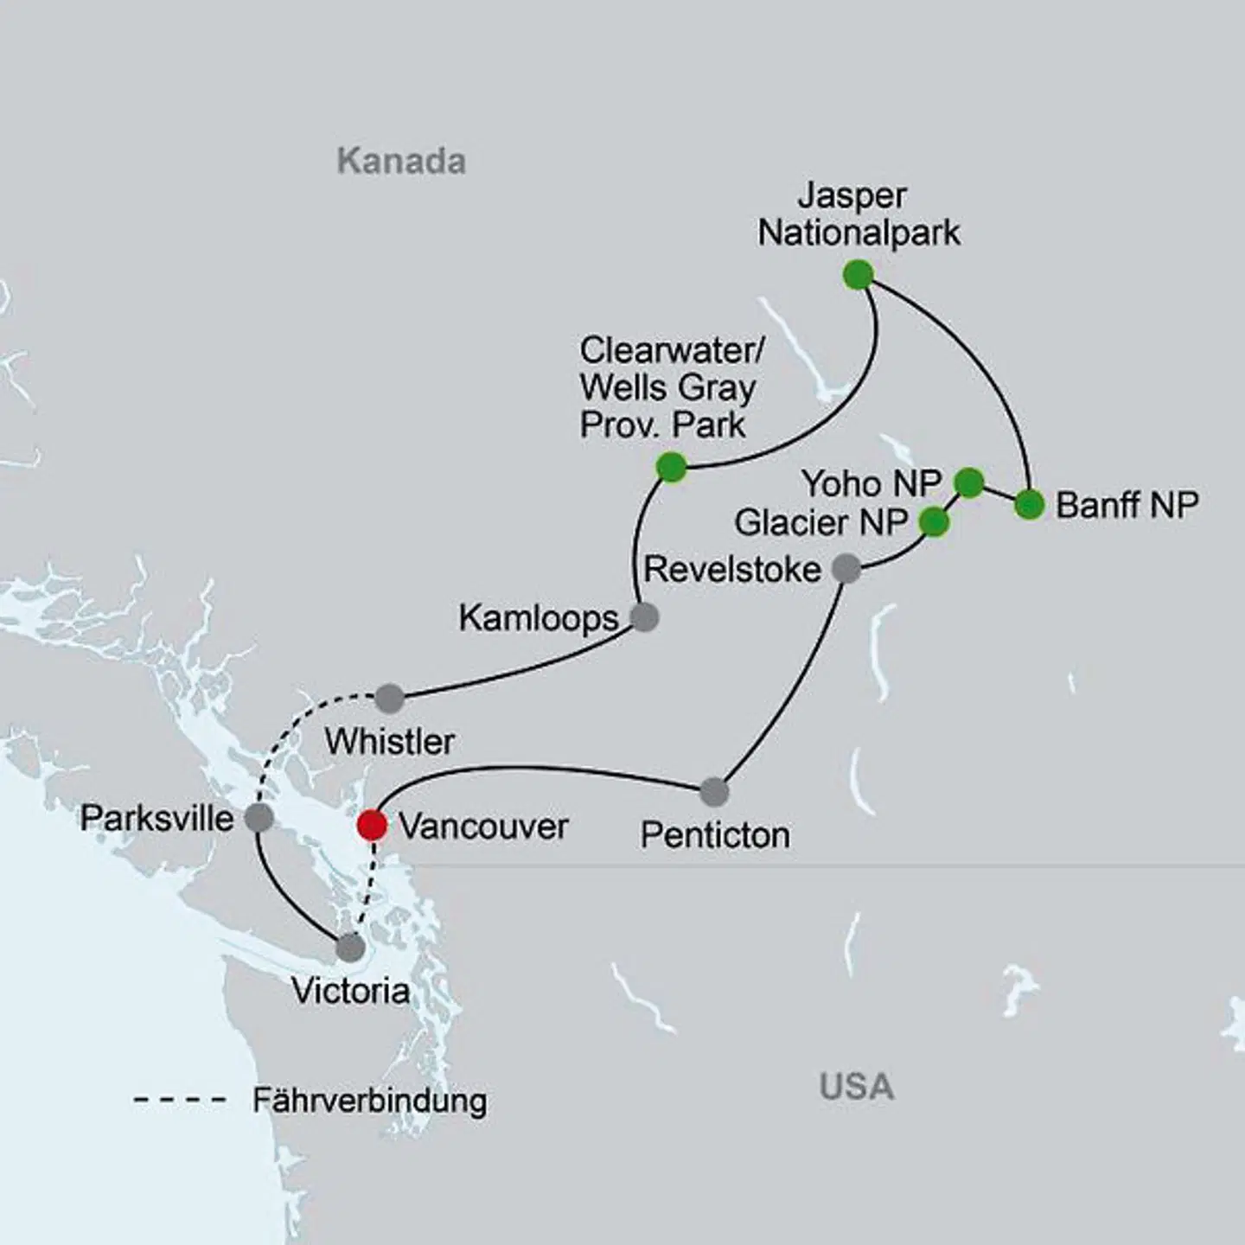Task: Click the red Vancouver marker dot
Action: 372,825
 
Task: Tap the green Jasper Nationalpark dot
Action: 858,275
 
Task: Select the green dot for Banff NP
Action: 1029,504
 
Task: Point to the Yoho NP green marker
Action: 969,482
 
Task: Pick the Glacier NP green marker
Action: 934,522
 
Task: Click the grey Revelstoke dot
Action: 846,568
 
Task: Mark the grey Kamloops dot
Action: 644,617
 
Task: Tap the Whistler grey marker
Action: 389,698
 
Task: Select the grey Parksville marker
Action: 259,817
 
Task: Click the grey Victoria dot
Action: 350,948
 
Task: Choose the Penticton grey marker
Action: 714,791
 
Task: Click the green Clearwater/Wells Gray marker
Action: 672,468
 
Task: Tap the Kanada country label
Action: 401,162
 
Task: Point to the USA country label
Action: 856,1087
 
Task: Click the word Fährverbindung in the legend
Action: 369,1101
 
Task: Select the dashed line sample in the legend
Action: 180,1101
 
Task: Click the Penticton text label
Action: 715,835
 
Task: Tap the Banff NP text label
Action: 1127,505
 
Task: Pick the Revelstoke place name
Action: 732,570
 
